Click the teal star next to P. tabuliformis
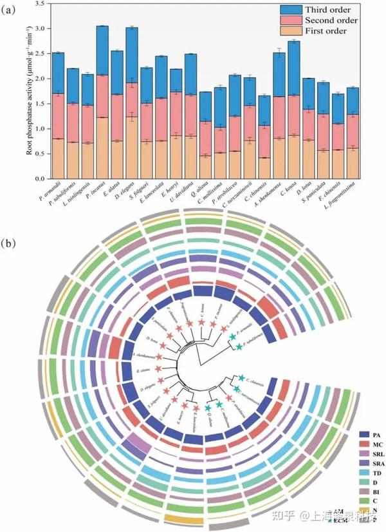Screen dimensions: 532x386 tap(239, 348)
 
